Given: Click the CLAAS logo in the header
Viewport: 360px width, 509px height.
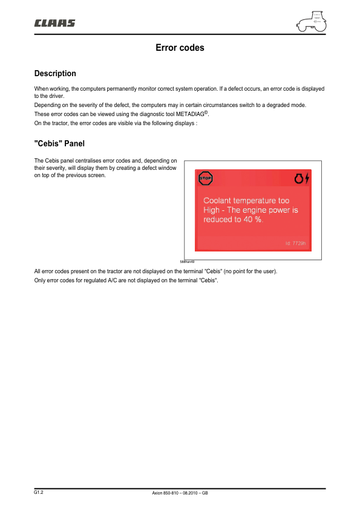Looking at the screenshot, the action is [55, 24].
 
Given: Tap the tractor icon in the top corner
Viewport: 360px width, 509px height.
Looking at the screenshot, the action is [311, 21].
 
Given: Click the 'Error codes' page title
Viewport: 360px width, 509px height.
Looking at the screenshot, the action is [180, 48].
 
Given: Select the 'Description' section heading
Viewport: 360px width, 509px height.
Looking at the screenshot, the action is [55, 74].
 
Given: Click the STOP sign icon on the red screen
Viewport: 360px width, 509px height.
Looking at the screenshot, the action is [206, 178].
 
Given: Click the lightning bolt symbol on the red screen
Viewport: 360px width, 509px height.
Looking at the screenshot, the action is [307, 178].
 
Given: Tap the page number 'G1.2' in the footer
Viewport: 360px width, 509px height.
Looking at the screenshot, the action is [39, 493].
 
